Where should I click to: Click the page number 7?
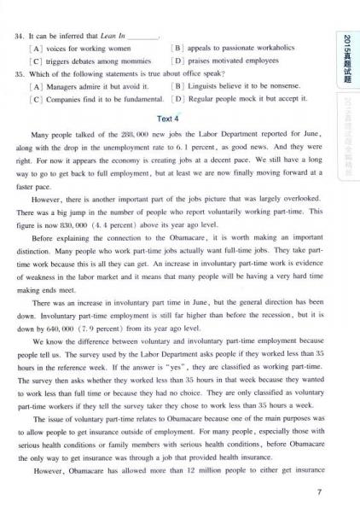[x=318, y=491]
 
